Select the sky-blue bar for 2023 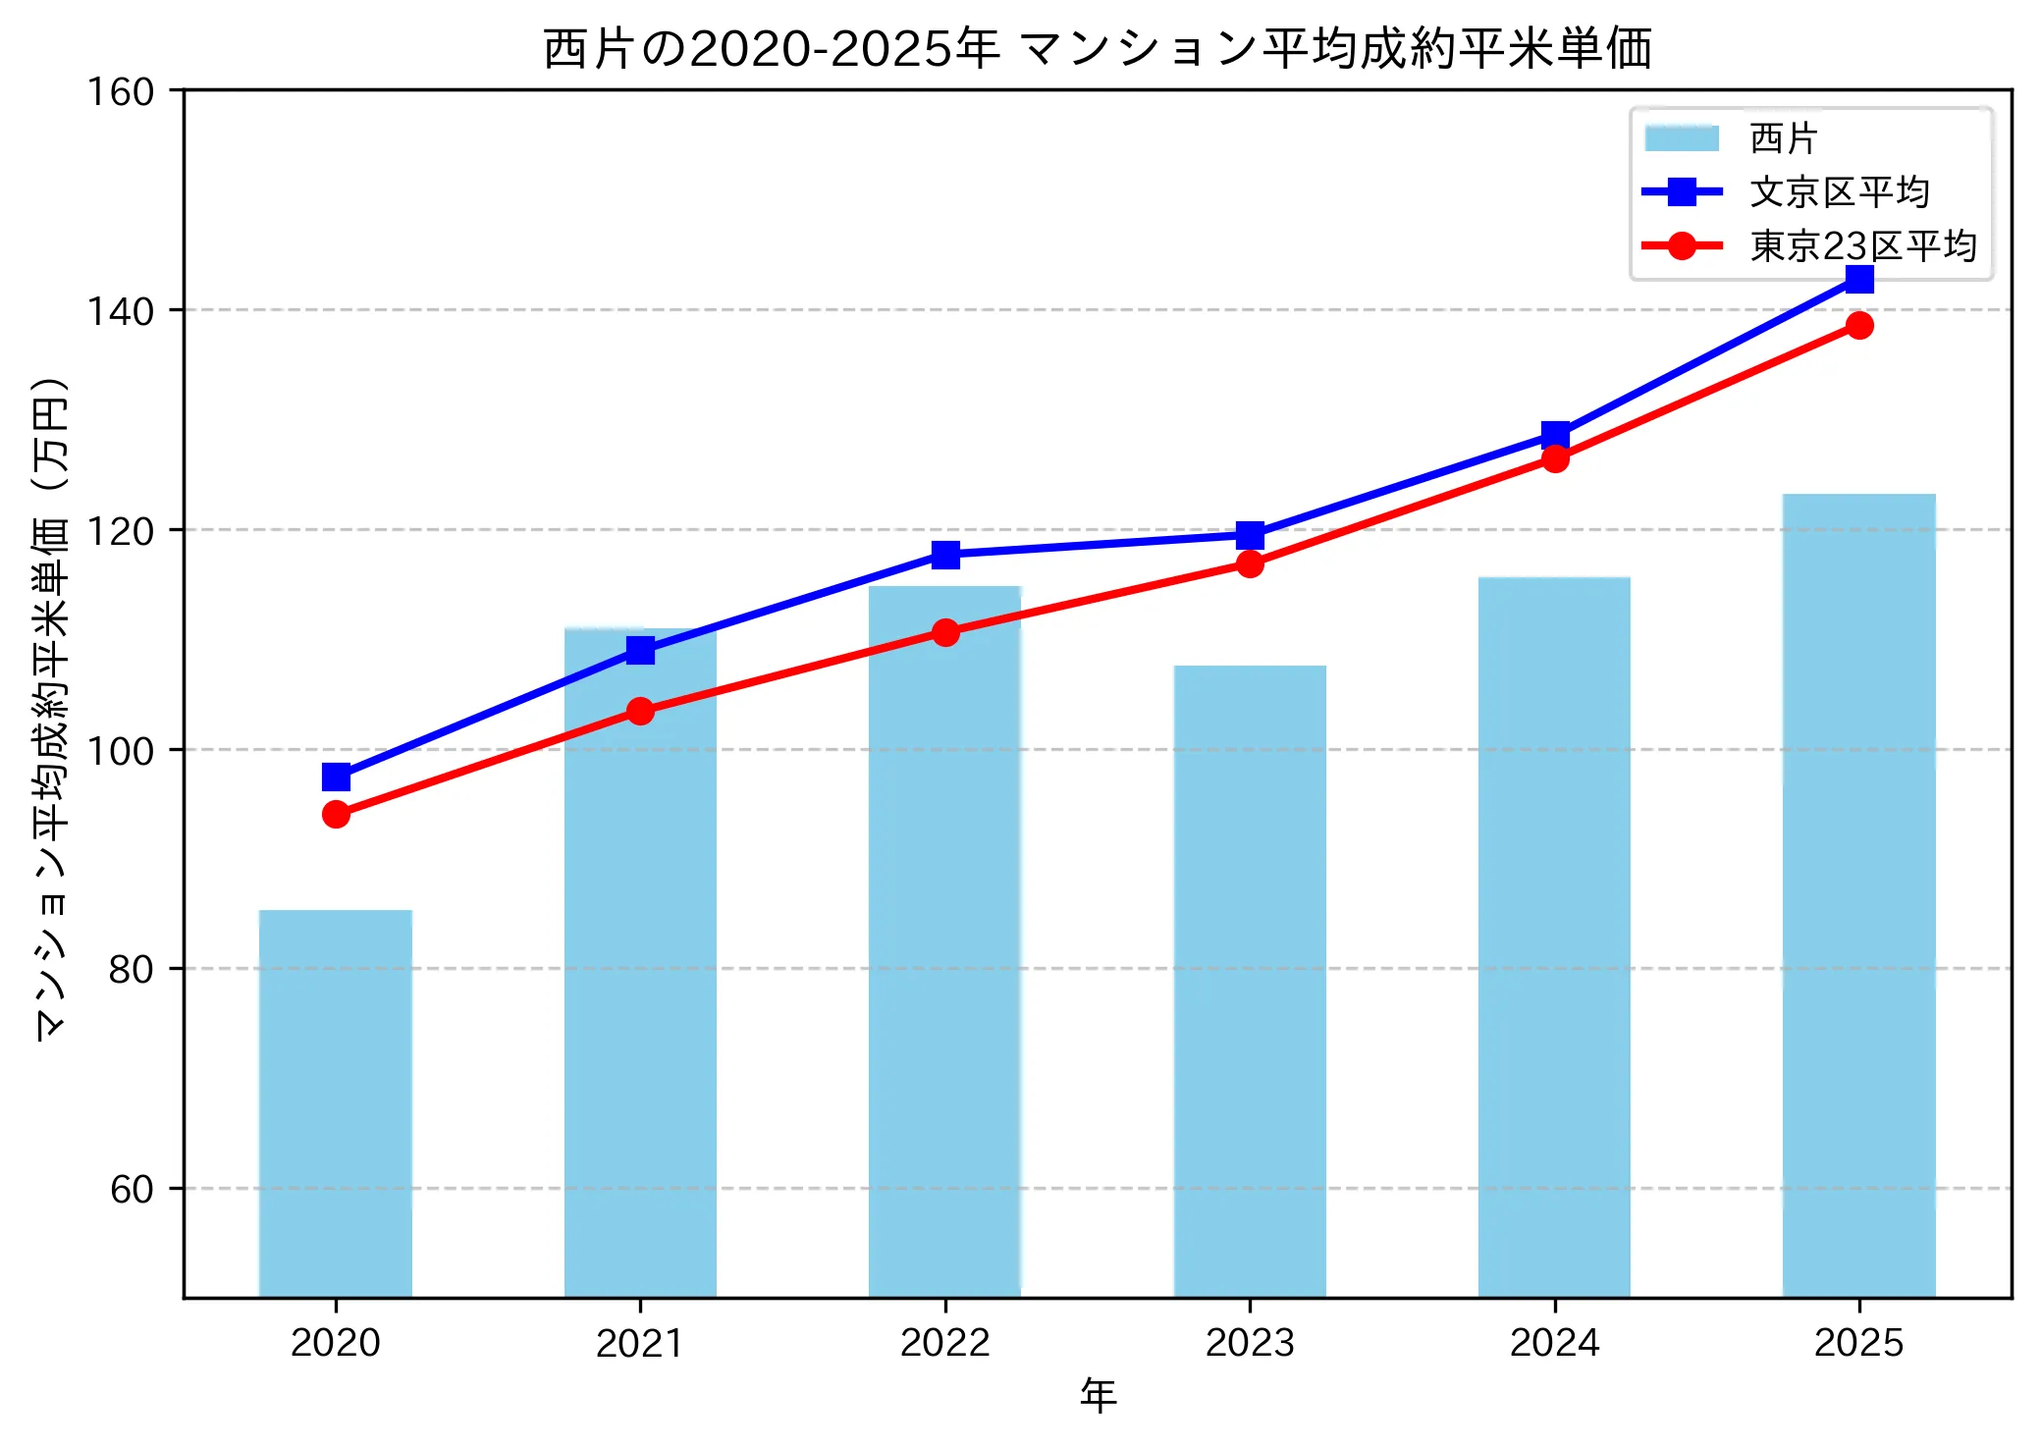tap(1250, 982)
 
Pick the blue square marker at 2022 tap(945, 555)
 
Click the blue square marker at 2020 tap(336, 777)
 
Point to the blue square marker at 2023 tap(1250, 535)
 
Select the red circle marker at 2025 tap(1858, 325)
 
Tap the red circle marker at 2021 tap(640, 711)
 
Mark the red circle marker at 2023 tap(1250, 563)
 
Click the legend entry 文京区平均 tap(1839, 192)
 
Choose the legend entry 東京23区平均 tap(1862, 245)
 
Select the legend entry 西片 tap(1783, 138)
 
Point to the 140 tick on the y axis tap(122, 311)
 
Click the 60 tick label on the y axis tap(132, 1189)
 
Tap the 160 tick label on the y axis tap(122, 92)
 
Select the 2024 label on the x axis tap(1554, 1343)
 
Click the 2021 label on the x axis tap(640, 1343)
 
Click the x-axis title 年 tap(1098, 1395)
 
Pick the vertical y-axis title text tap(51, 707)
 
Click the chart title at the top tap(1098, 49)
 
